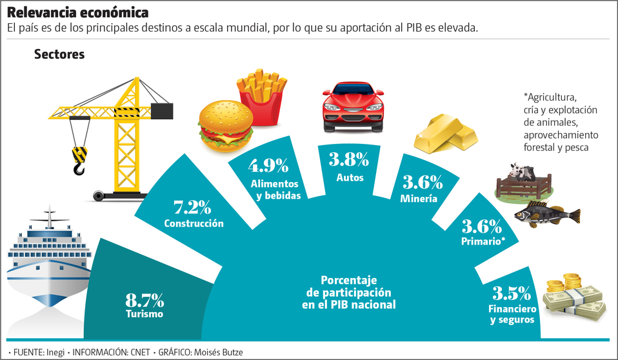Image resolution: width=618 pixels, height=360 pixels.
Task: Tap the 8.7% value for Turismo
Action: coord(145,300)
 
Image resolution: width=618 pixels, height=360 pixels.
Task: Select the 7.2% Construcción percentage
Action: coord(193,208)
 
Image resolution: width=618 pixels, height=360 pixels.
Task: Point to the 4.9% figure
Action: coord(268,166)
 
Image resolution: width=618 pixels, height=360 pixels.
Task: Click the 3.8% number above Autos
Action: coord(349,159)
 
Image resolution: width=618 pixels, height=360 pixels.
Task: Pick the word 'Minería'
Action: coord(419,199)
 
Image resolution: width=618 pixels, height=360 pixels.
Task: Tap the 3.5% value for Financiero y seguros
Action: coord(512,294)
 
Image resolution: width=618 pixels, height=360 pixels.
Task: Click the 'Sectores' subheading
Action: coord(59,55)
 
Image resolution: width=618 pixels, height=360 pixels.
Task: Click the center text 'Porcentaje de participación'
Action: coord(348,286)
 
